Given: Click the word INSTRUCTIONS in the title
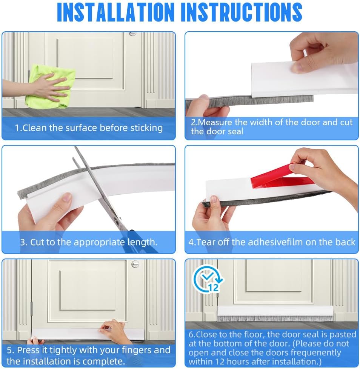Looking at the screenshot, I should pyautogui.click(x=242, y=12).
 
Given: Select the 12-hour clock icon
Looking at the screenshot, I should pyautogui.click(x=207, y=280).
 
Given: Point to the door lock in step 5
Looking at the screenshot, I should pyautogui.click(x=135, y=264).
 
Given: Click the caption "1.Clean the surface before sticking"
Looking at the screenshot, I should pyautogui.click(x=89, y=128).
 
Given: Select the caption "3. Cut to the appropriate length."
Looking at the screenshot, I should pyautogui.click(x=89, y=242).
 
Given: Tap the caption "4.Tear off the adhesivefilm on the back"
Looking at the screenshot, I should pyautogui.click(x=272, y=242).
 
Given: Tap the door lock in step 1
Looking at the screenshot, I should pyautogui.click(x=132, y=34).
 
